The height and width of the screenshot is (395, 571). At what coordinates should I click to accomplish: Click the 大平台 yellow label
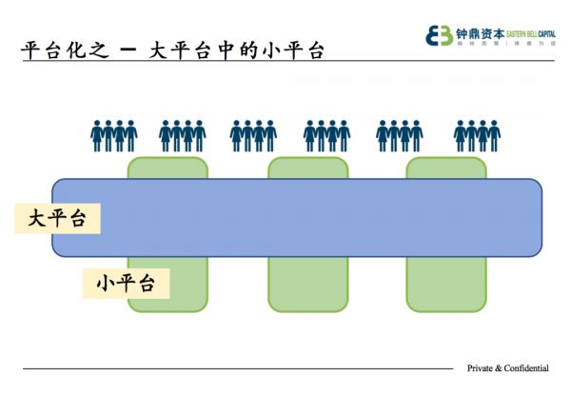click(58, 219)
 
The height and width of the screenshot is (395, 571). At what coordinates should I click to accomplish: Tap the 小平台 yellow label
click(127, 282)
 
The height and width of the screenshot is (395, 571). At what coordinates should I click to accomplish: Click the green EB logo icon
click(440, 35)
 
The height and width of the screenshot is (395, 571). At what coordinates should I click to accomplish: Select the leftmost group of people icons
click(113, 136)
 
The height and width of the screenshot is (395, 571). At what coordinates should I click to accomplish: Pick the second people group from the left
click(182, 136)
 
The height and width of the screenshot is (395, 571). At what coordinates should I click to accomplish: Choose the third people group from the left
click(253, 136)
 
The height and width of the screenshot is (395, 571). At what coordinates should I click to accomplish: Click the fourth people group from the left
click(326, 136)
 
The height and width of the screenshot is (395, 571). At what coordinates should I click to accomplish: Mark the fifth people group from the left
click(400, 136)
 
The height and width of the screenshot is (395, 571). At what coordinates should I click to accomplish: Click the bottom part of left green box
click(167, 284)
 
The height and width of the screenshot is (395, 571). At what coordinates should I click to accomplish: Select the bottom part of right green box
click(444, 284)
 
